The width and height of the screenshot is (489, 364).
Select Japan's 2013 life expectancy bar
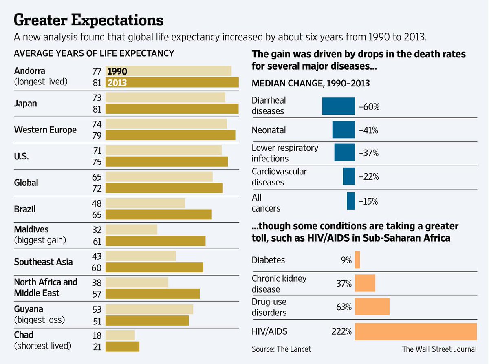172,108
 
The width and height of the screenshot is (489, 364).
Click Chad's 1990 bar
120,335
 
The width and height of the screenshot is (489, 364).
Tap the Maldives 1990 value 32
97,229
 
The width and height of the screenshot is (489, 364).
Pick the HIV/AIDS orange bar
416,331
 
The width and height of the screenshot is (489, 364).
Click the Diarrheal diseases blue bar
338,106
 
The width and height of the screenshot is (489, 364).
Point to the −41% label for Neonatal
368,130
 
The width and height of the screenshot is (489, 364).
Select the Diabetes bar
357,260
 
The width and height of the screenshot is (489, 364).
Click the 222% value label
342,331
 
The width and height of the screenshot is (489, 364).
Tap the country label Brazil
25,209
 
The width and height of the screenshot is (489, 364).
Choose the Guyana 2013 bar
147,320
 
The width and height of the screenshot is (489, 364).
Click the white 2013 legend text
117,83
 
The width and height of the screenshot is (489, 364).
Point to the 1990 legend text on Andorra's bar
117,71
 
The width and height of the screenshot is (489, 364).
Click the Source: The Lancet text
281,349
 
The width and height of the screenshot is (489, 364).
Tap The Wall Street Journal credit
439,349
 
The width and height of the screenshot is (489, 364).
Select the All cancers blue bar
351,201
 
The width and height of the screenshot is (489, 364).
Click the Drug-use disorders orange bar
372,307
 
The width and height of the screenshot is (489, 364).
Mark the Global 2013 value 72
97,188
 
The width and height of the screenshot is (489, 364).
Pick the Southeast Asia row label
43,262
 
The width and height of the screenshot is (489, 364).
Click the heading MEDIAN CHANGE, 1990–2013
311,83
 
